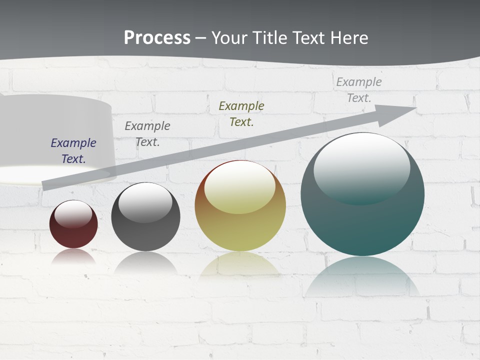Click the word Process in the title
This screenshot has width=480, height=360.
pos(157,37)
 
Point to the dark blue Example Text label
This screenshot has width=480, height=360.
pos(73,150)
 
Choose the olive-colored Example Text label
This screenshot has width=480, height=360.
pos(241,113)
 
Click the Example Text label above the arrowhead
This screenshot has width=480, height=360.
pos(359,89)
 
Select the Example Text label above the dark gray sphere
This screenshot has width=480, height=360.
pos(147,133)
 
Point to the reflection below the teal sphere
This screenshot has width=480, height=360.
pos(362,275)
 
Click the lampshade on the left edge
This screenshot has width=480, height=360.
pos(55,135)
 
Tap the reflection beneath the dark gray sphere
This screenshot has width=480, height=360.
pos(145,262)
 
